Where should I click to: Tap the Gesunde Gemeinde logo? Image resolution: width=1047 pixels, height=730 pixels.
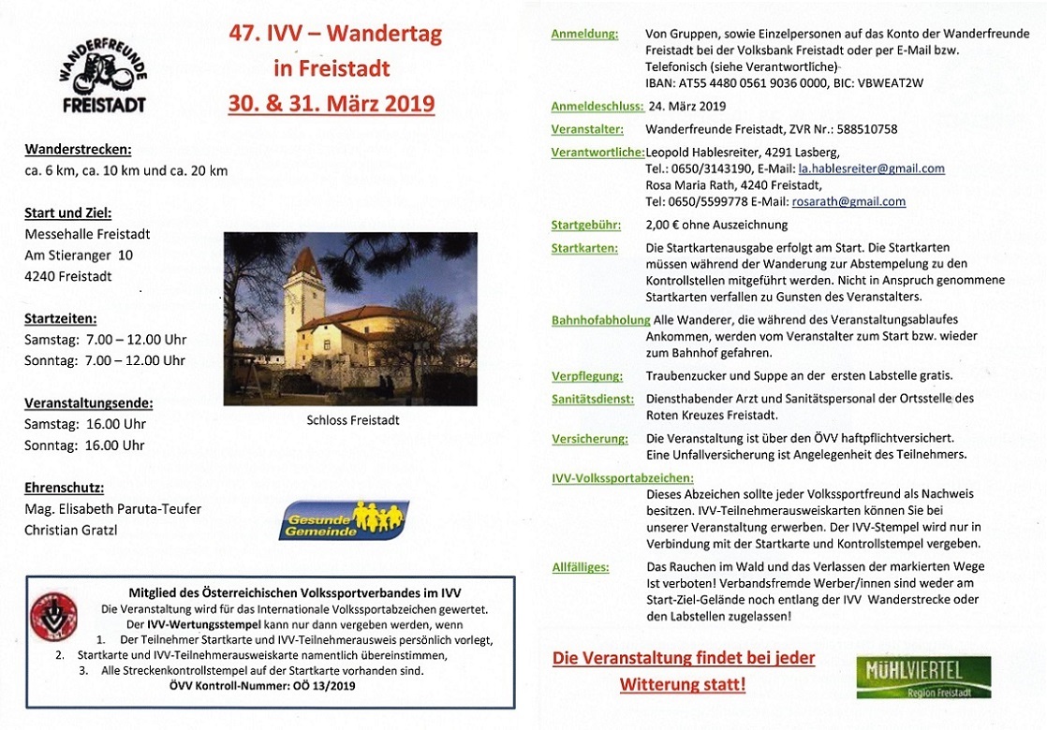pos(344,520)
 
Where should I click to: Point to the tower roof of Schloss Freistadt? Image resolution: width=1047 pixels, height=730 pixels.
pos(304,268)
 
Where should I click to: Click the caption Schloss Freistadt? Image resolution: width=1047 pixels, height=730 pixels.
pos(352,420)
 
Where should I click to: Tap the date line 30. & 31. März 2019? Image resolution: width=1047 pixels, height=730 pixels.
pos(332,101)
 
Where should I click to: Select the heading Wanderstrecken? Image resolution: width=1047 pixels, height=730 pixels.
pos(78,149)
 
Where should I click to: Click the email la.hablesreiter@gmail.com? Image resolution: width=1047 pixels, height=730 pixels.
pos(871,168)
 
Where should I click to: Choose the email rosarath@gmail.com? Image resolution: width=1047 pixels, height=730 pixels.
pos(848,201)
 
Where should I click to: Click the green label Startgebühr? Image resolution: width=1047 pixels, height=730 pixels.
pos(584,225)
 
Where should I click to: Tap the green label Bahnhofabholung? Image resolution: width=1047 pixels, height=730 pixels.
pos(600,320)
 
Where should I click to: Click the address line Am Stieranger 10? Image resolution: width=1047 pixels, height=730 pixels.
pos(79,255)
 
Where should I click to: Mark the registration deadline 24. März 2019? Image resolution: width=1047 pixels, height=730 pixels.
pos(686,106)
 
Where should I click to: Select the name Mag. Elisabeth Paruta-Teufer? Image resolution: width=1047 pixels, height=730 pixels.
pos(112,509)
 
